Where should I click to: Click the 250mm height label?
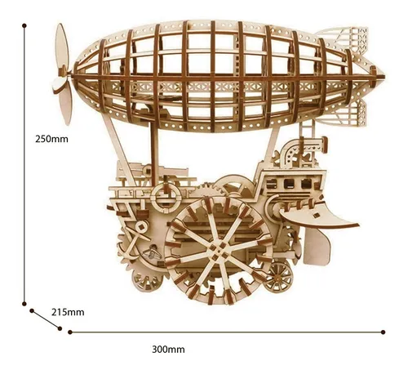coord(51,139)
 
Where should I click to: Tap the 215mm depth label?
coord(68,312)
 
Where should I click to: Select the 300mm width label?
coord(168,349)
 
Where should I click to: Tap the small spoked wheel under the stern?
coord(145,280)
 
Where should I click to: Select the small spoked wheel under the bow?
coord(279,277)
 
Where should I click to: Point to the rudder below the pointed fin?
coord(317,247)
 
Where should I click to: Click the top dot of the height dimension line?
coord(24,25)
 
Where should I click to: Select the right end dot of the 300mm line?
coord(383,332)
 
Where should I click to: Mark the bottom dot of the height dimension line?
coord(24,304)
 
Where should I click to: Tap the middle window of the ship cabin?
coord(289,184)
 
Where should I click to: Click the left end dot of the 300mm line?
coord(70,332)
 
